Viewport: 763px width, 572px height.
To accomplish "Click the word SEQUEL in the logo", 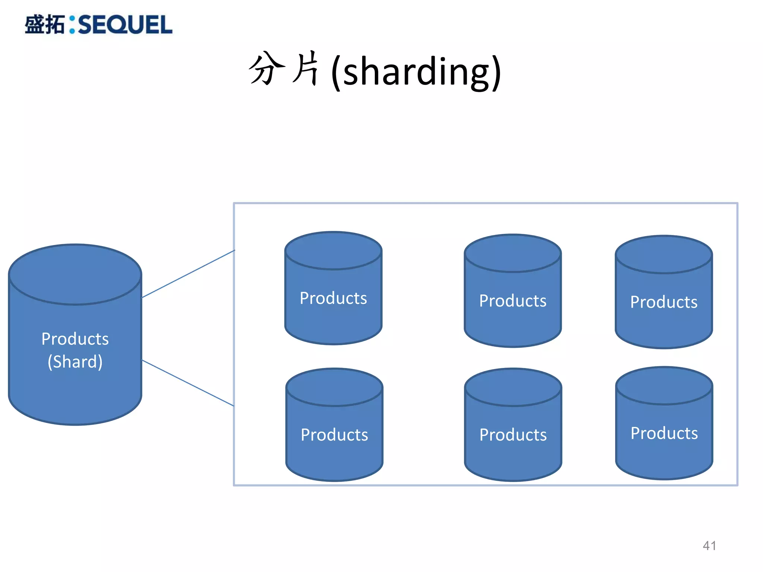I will tap(125, 25).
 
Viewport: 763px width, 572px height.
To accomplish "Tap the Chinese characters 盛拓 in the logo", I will tap(45, 25).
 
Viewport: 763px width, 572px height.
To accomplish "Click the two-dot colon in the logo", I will tap(72, 25).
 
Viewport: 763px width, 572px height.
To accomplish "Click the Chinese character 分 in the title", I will tap(267, 69).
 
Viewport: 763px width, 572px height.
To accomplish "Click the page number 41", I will tap(709, 546).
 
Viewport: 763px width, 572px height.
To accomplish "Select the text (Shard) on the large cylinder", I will tap(75, 362).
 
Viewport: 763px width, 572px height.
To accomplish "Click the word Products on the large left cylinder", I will tap(75, 339).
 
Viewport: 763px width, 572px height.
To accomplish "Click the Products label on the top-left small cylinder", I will tap(333, 298).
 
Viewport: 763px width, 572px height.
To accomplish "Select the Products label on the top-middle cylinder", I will tap(513, 301).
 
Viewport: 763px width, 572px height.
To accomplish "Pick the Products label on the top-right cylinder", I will tap(664, 302).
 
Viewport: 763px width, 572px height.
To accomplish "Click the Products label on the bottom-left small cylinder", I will tap(334, 435).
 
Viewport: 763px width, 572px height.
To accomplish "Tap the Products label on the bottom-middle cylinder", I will tap(513, 435).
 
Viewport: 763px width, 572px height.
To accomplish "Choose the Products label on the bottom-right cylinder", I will tap(664, 433).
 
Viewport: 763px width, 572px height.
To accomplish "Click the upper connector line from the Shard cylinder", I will tap(188, 274).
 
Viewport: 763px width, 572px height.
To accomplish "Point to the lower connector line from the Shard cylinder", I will tap(188, 383).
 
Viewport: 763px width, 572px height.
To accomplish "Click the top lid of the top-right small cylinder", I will tap(664, 254).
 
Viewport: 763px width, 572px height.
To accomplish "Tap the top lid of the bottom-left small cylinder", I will tap(334, 387).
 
